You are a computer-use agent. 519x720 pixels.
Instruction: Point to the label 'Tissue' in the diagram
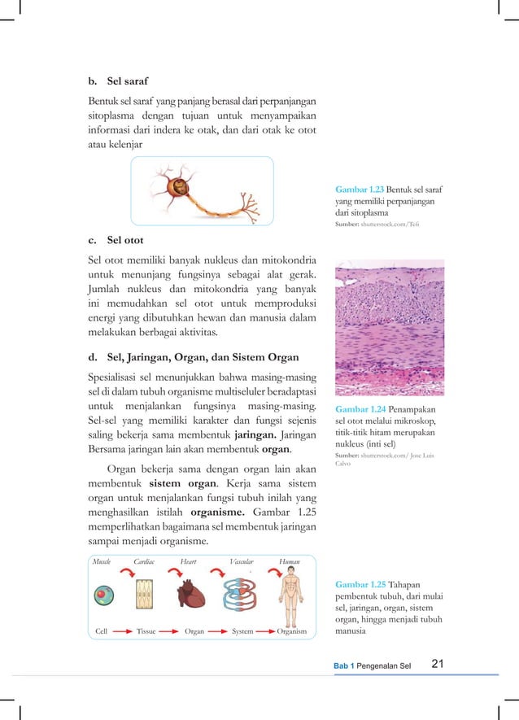[x=146, y=631]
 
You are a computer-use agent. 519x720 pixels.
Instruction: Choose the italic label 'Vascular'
[x=242, y=561]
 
